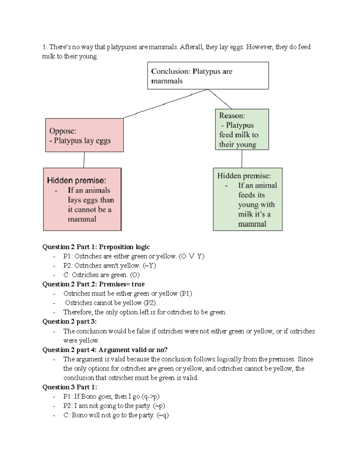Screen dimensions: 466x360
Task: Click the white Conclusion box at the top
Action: coord(208,76)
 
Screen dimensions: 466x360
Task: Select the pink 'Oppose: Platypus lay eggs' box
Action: coord(84,135)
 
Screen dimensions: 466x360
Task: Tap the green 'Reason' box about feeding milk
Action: coord(242,129)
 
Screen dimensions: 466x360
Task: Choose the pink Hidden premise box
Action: coord(82,199)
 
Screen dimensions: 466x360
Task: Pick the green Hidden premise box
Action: coord(247,199)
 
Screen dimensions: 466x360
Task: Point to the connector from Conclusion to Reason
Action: coord(220,99)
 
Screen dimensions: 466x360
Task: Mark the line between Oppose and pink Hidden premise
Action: coord(84,160)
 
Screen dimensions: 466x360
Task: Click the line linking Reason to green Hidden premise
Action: coord(242,159)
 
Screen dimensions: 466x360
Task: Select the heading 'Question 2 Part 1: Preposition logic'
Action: coord(96,247)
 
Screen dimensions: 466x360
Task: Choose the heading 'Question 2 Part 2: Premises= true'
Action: coord(94,284)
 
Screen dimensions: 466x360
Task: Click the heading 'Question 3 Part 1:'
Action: coord(70,387)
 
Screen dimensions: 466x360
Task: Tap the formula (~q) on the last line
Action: coord(163,415)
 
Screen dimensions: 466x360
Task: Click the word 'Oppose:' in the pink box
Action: coord(63,131)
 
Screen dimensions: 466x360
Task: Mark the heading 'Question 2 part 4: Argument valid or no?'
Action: coord(105,350)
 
